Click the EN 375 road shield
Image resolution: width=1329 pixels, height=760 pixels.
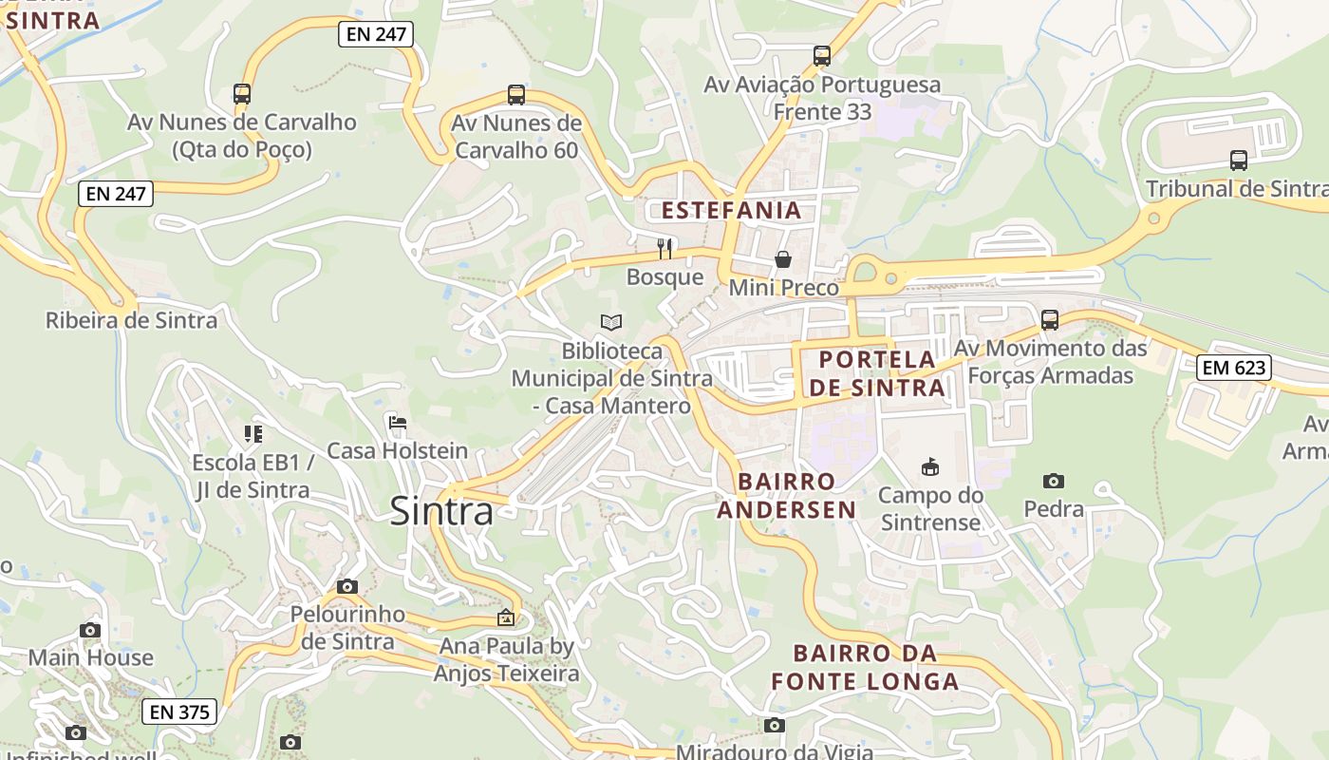[x=179, y=712]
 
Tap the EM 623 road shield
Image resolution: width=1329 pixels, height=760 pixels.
[x=1233, y=367]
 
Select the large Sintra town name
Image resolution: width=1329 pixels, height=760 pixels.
[x=441, y=512]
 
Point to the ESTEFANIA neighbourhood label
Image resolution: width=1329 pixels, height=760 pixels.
[x=731, y=210]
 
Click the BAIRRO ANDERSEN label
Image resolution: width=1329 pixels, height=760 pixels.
[x=786, y=496]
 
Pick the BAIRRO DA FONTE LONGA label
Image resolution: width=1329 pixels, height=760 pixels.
[x=864, y=668]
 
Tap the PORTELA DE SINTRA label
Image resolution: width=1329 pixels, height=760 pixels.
[x=877, y=373]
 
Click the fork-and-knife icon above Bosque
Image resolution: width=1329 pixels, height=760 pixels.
[x=664, y=249]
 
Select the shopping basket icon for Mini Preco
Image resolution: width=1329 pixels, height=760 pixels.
[x=783, y=259]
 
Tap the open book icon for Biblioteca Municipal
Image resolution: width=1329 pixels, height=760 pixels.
[x=611, y=323]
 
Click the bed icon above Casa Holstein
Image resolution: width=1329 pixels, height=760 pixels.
[x=398, y=422]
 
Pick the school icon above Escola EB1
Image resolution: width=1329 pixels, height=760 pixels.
[x=253, y=434]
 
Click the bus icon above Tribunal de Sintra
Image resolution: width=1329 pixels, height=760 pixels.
[x=1238, y=160]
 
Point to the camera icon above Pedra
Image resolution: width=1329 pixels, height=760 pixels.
[x=1053, y=481]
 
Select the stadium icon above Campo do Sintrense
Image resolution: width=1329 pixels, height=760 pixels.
[x=930, y=466]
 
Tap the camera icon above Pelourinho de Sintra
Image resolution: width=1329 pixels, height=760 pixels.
[x=347, y=586]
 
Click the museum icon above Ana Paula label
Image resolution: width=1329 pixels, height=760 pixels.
[x=506, y=617]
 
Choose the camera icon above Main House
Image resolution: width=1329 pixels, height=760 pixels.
[x=90, y=629]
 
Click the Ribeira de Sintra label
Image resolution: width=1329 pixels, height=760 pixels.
[x=131, y=320]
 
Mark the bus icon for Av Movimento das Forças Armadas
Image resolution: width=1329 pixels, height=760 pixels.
[x=1049, y=320]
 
